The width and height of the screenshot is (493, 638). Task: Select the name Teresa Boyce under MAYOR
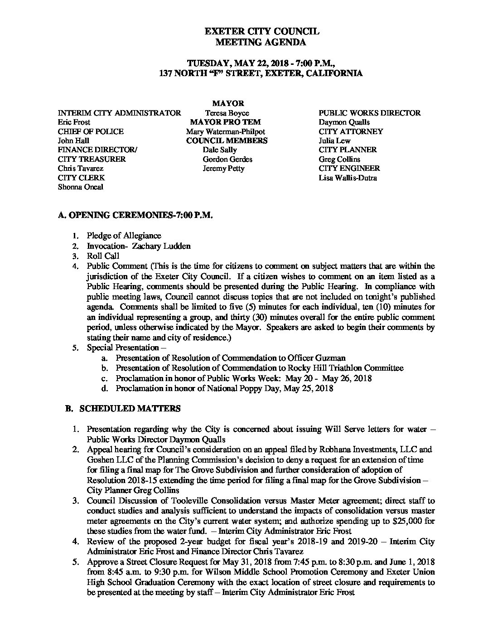[227, 113]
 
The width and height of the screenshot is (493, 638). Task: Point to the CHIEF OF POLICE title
[91, 131]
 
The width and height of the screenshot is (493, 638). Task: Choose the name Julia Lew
[334, 140]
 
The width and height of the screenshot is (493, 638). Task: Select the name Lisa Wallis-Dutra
[348, 178]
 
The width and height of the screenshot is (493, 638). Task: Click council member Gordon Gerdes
[227, 159]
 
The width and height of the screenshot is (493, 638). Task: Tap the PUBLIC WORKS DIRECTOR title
[369, 113]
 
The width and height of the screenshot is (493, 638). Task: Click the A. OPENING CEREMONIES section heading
[135, 216]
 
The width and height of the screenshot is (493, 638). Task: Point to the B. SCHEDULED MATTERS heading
[123, 409]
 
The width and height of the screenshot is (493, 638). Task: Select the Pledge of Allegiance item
[124, 236]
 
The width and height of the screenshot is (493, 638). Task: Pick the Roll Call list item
[103, 256]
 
